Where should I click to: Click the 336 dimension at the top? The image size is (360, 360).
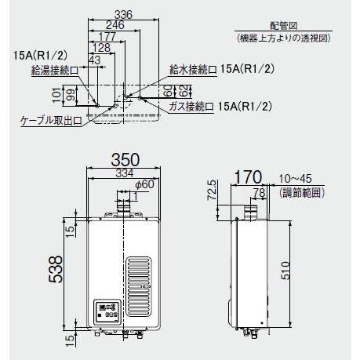click(122, 14)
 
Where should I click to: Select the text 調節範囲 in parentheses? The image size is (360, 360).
click(302, 192)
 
